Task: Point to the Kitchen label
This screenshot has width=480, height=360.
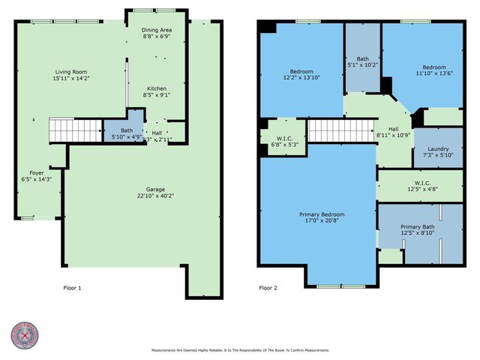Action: coord(156,88)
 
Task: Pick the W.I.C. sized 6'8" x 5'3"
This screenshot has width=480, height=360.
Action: coord(283,140)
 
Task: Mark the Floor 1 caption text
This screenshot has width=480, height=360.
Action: coord(71,287)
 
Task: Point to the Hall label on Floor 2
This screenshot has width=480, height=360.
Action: coord(393,128)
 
